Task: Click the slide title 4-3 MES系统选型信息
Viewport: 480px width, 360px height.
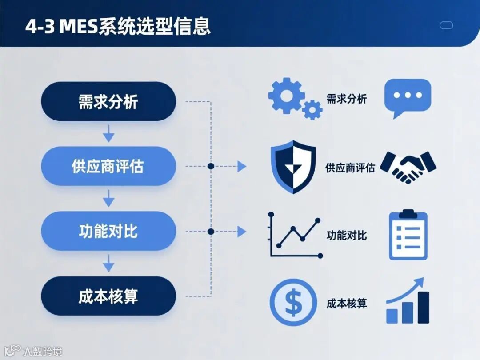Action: [x=117, y=26]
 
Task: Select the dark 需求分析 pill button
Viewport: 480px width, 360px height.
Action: [x=108, y=101]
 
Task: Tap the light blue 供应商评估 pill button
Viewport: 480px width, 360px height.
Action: [x=108, y=166]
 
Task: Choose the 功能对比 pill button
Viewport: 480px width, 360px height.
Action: [x=108, y=231]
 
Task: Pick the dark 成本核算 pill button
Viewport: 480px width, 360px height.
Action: [x=108, y=296]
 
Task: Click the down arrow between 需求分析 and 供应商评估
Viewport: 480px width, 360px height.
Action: [x=108, y=134]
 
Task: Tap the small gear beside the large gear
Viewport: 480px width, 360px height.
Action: [x=312, y=109]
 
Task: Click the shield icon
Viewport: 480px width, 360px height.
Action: [x=293, y=167]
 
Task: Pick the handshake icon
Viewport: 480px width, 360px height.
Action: [x=408, y=167]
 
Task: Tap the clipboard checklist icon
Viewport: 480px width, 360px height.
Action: [x=408, y=235]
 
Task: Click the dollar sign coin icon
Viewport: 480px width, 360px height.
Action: [x=293, y=303]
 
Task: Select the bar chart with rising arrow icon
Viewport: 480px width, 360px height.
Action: [x=408, y=302]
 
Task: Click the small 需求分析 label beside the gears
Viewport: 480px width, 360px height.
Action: [x=347, y=99]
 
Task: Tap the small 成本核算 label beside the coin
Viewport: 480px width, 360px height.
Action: [x=347, y=304]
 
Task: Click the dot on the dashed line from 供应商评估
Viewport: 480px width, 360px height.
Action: [x=211, y=166]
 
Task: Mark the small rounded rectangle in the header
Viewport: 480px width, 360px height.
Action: [x=446, y=25]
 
